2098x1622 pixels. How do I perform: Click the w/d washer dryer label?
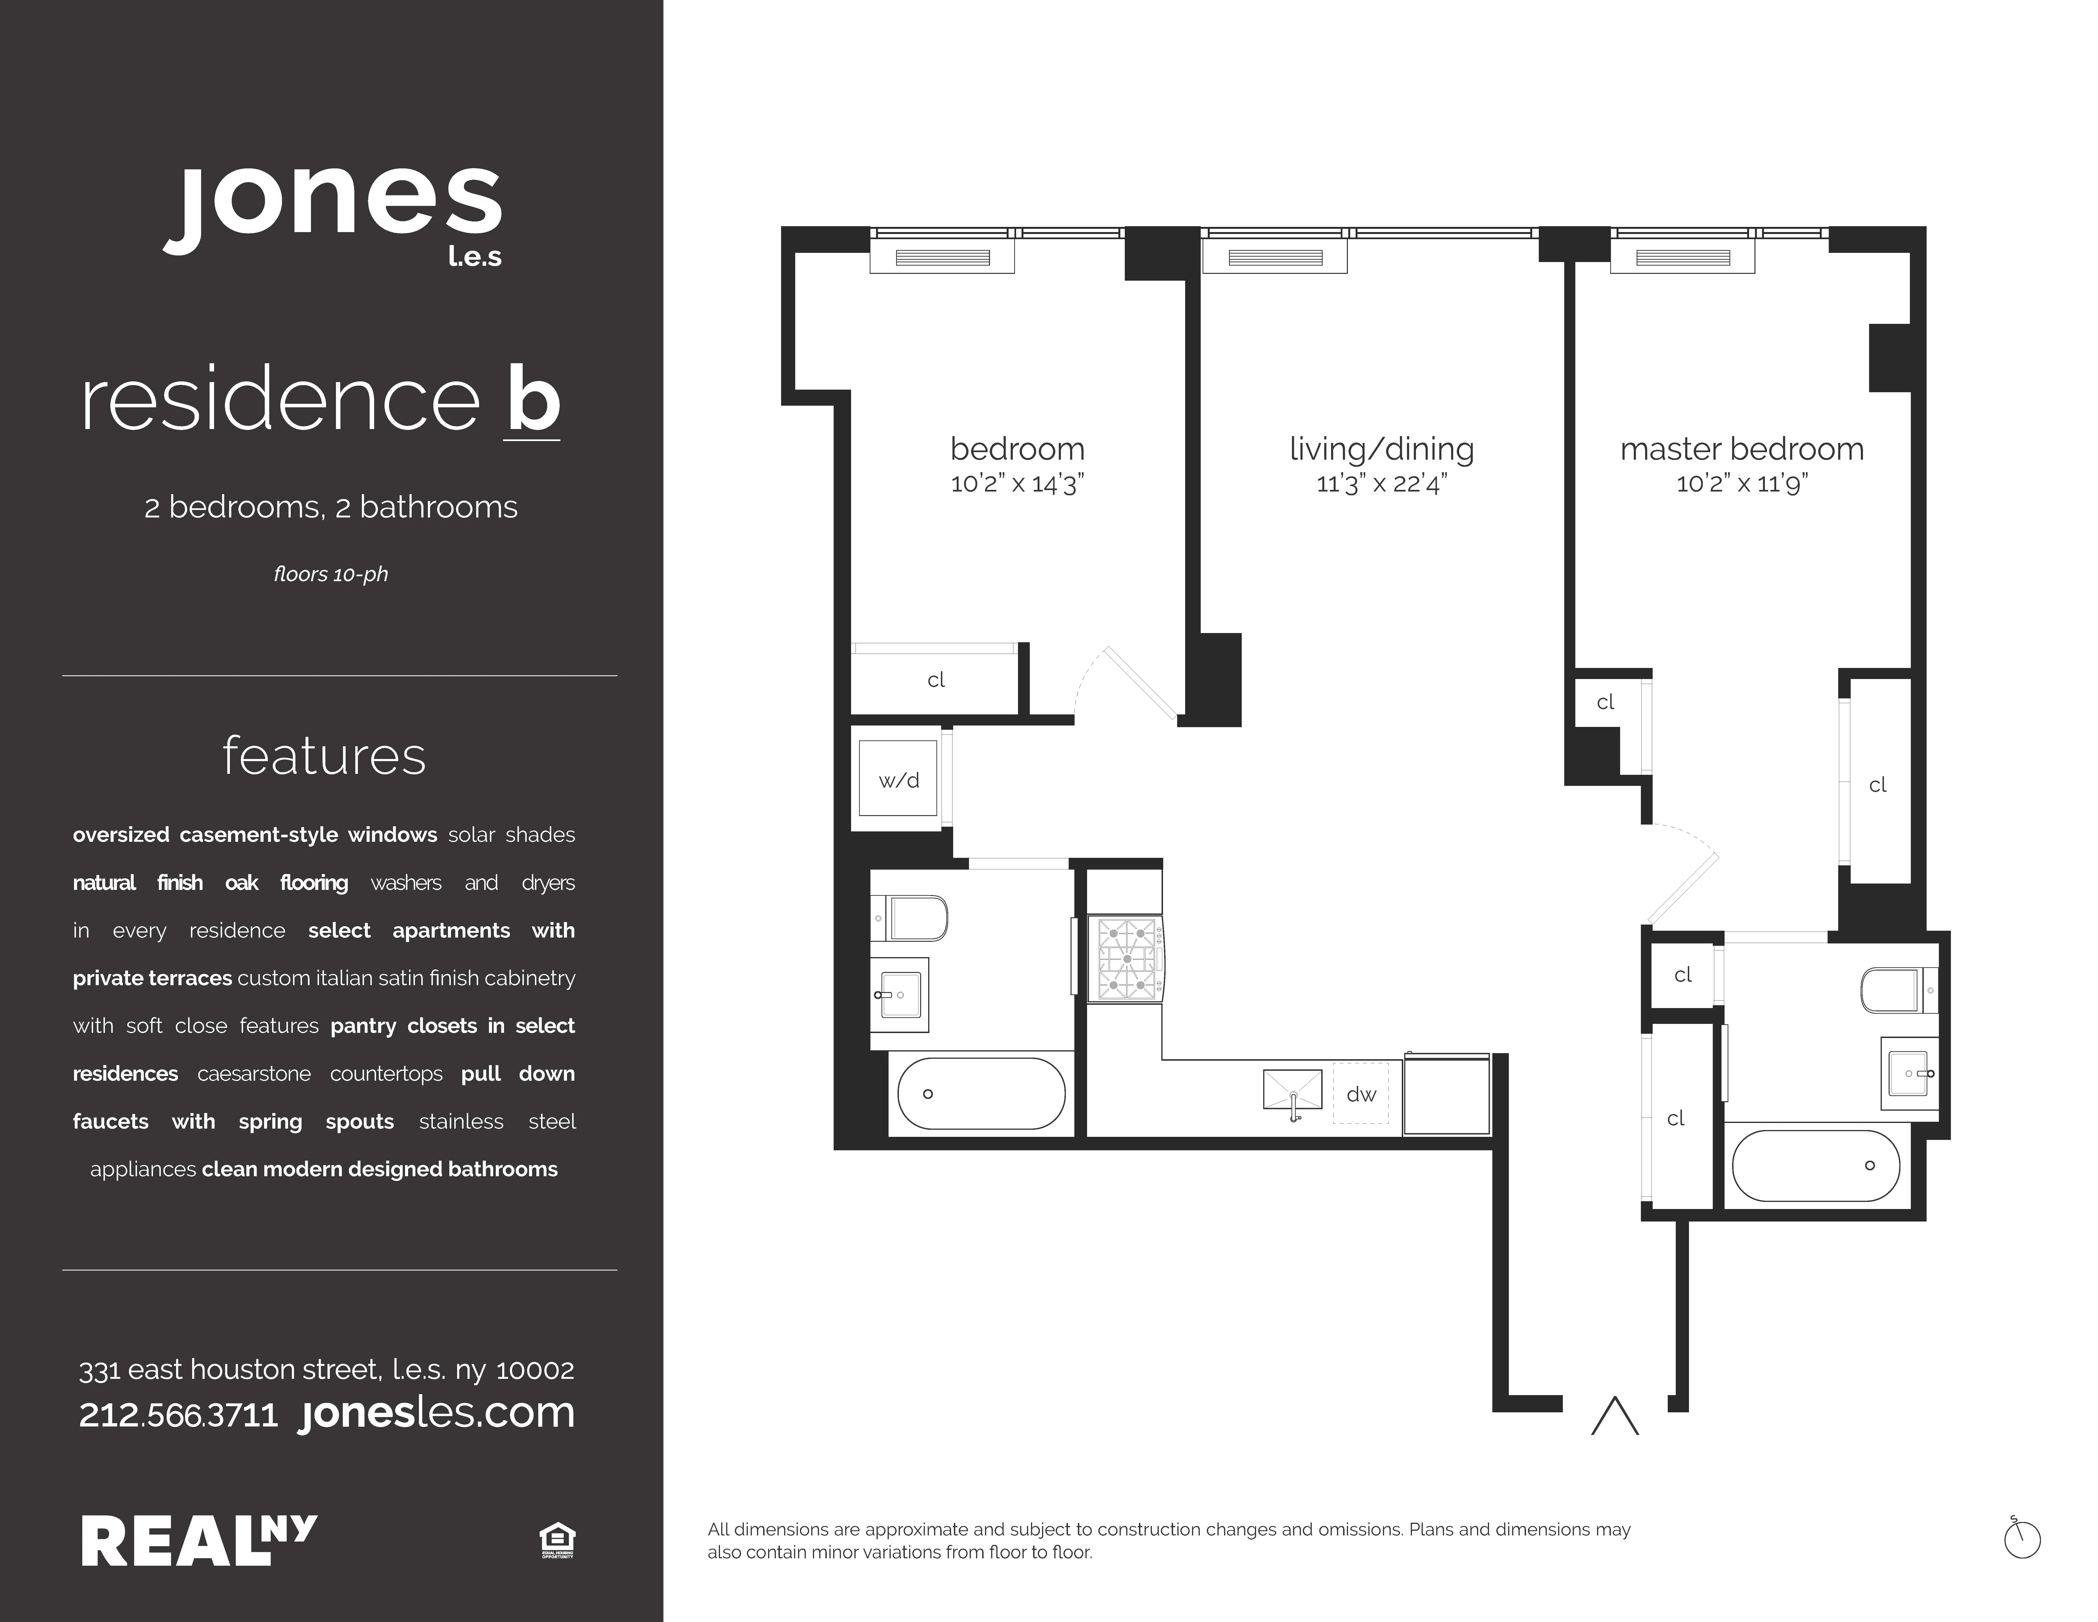[x=898, y=780]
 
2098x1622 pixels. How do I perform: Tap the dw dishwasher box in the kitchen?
[x=1360, y=1093]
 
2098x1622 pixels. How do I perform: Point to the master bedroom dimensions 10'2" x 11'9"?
[x=1742, y=483]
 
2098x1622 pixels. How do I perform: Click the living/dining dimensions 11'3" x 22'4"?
[x=1381, y=483]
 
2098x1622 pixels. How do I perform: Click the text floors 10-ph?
[x=331, y=575]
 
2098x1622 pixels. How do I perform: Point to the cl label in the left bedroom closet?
[x=936, y=680]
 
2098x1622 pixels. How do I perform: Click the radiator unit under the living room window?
[x=1275, y=258]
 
